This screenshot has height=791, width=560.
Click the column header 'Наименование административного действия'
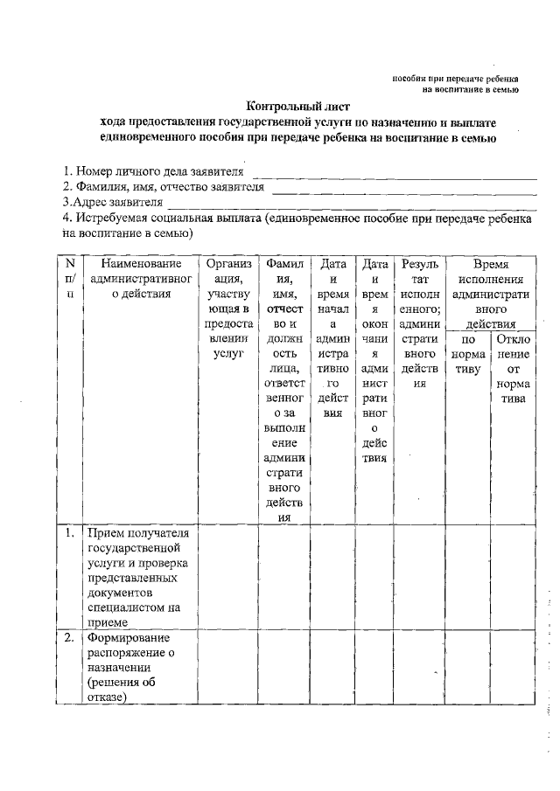click(x=141, y=278)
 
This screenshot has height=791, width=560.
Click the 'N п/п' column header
click(x=70, y=278)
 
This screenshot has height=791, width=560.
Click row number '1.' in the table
click(x=70, y=531)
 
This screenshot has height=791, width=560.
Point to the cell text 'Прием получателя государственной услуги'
click(x=141, y=546)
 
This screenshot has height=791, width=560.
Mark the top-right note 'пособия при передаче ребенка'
click(x=455, y=79)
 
